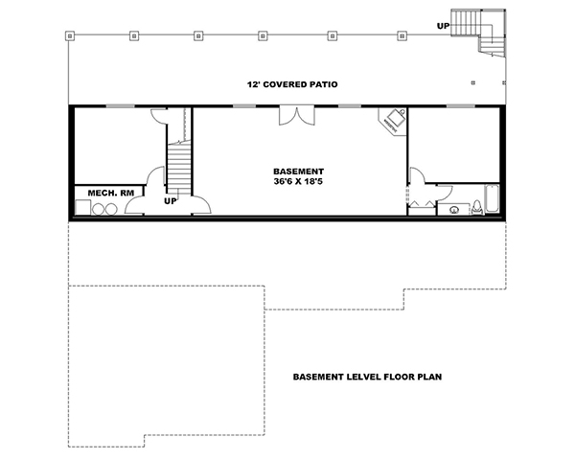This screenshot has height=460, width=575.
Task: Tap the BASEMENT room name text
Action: coord(298,170)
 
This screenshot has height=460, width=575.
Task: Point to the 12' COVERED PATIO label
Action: coord(293,84)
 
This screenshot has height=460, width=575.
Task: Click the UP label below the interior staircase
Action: coord(172,202)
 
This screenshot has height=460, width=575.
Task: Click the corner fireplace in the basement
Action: coord(395,119)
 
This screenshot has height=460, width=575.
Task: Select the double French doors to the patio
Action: coord(293,115)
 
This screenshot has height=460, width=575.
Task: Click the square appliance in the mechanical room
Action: coord(82,207)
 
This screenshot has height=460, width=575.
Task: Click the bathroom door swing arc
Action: coord(418,176)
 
